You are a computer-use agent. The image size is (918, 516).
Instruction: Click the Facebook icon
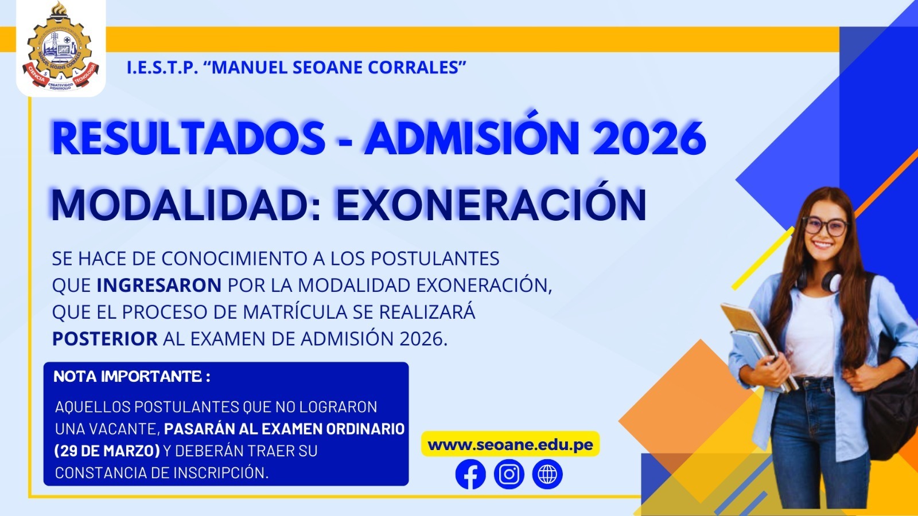click(470, 475)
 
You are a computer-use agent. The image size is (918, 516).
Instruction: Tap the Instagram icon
click(509, 475)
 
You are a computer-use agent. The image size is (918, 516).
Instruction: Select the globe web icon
click(547, 475)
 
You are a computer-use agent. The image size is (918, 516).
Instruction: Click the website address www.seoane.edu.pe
click(510, 445)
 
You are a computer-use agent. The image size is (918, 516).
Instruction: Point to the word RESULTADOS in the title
click(189, 138)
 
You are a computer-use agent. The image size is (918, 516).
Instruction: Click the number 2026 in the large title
click(649, 138)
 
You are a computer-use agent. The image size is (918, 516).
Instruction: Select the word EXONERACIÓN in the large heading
click(491, 205)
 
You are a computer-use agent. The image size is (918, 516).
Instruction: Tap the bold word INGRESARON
click(159, 286)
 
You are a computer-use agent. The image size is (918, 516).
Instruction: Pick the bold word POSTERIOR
click(105, 339)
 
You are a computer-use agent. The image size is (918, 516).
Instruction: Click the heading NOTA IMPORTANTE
click(131, 377)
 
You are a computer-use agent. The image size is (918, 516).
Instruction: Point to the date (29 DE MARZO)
click(107, 451)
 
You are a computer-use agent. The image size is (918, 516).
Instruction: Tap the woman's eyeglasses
click(824, 225)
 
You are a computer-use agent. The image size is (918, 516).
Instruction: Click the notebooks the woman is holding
click(754, 344)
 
